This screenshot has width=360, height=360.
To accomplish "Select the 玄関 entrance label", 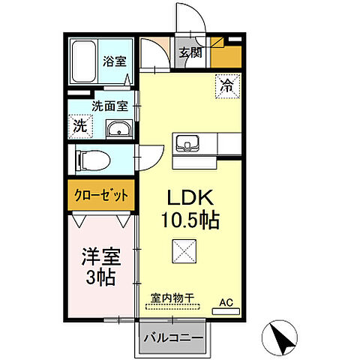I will (190, 52).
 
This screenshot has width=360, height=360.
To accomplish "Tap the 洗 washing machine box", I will (80, 125).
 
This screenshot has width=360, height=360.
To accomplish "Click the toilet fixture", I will (94, 158).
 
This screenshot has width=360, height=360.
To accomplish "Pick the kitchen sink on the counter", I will (185, 142).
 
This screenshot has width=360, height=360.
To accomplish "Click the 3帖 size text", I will (100, 278).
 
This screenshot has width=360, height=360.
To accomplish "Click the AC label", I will (226, 303).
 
